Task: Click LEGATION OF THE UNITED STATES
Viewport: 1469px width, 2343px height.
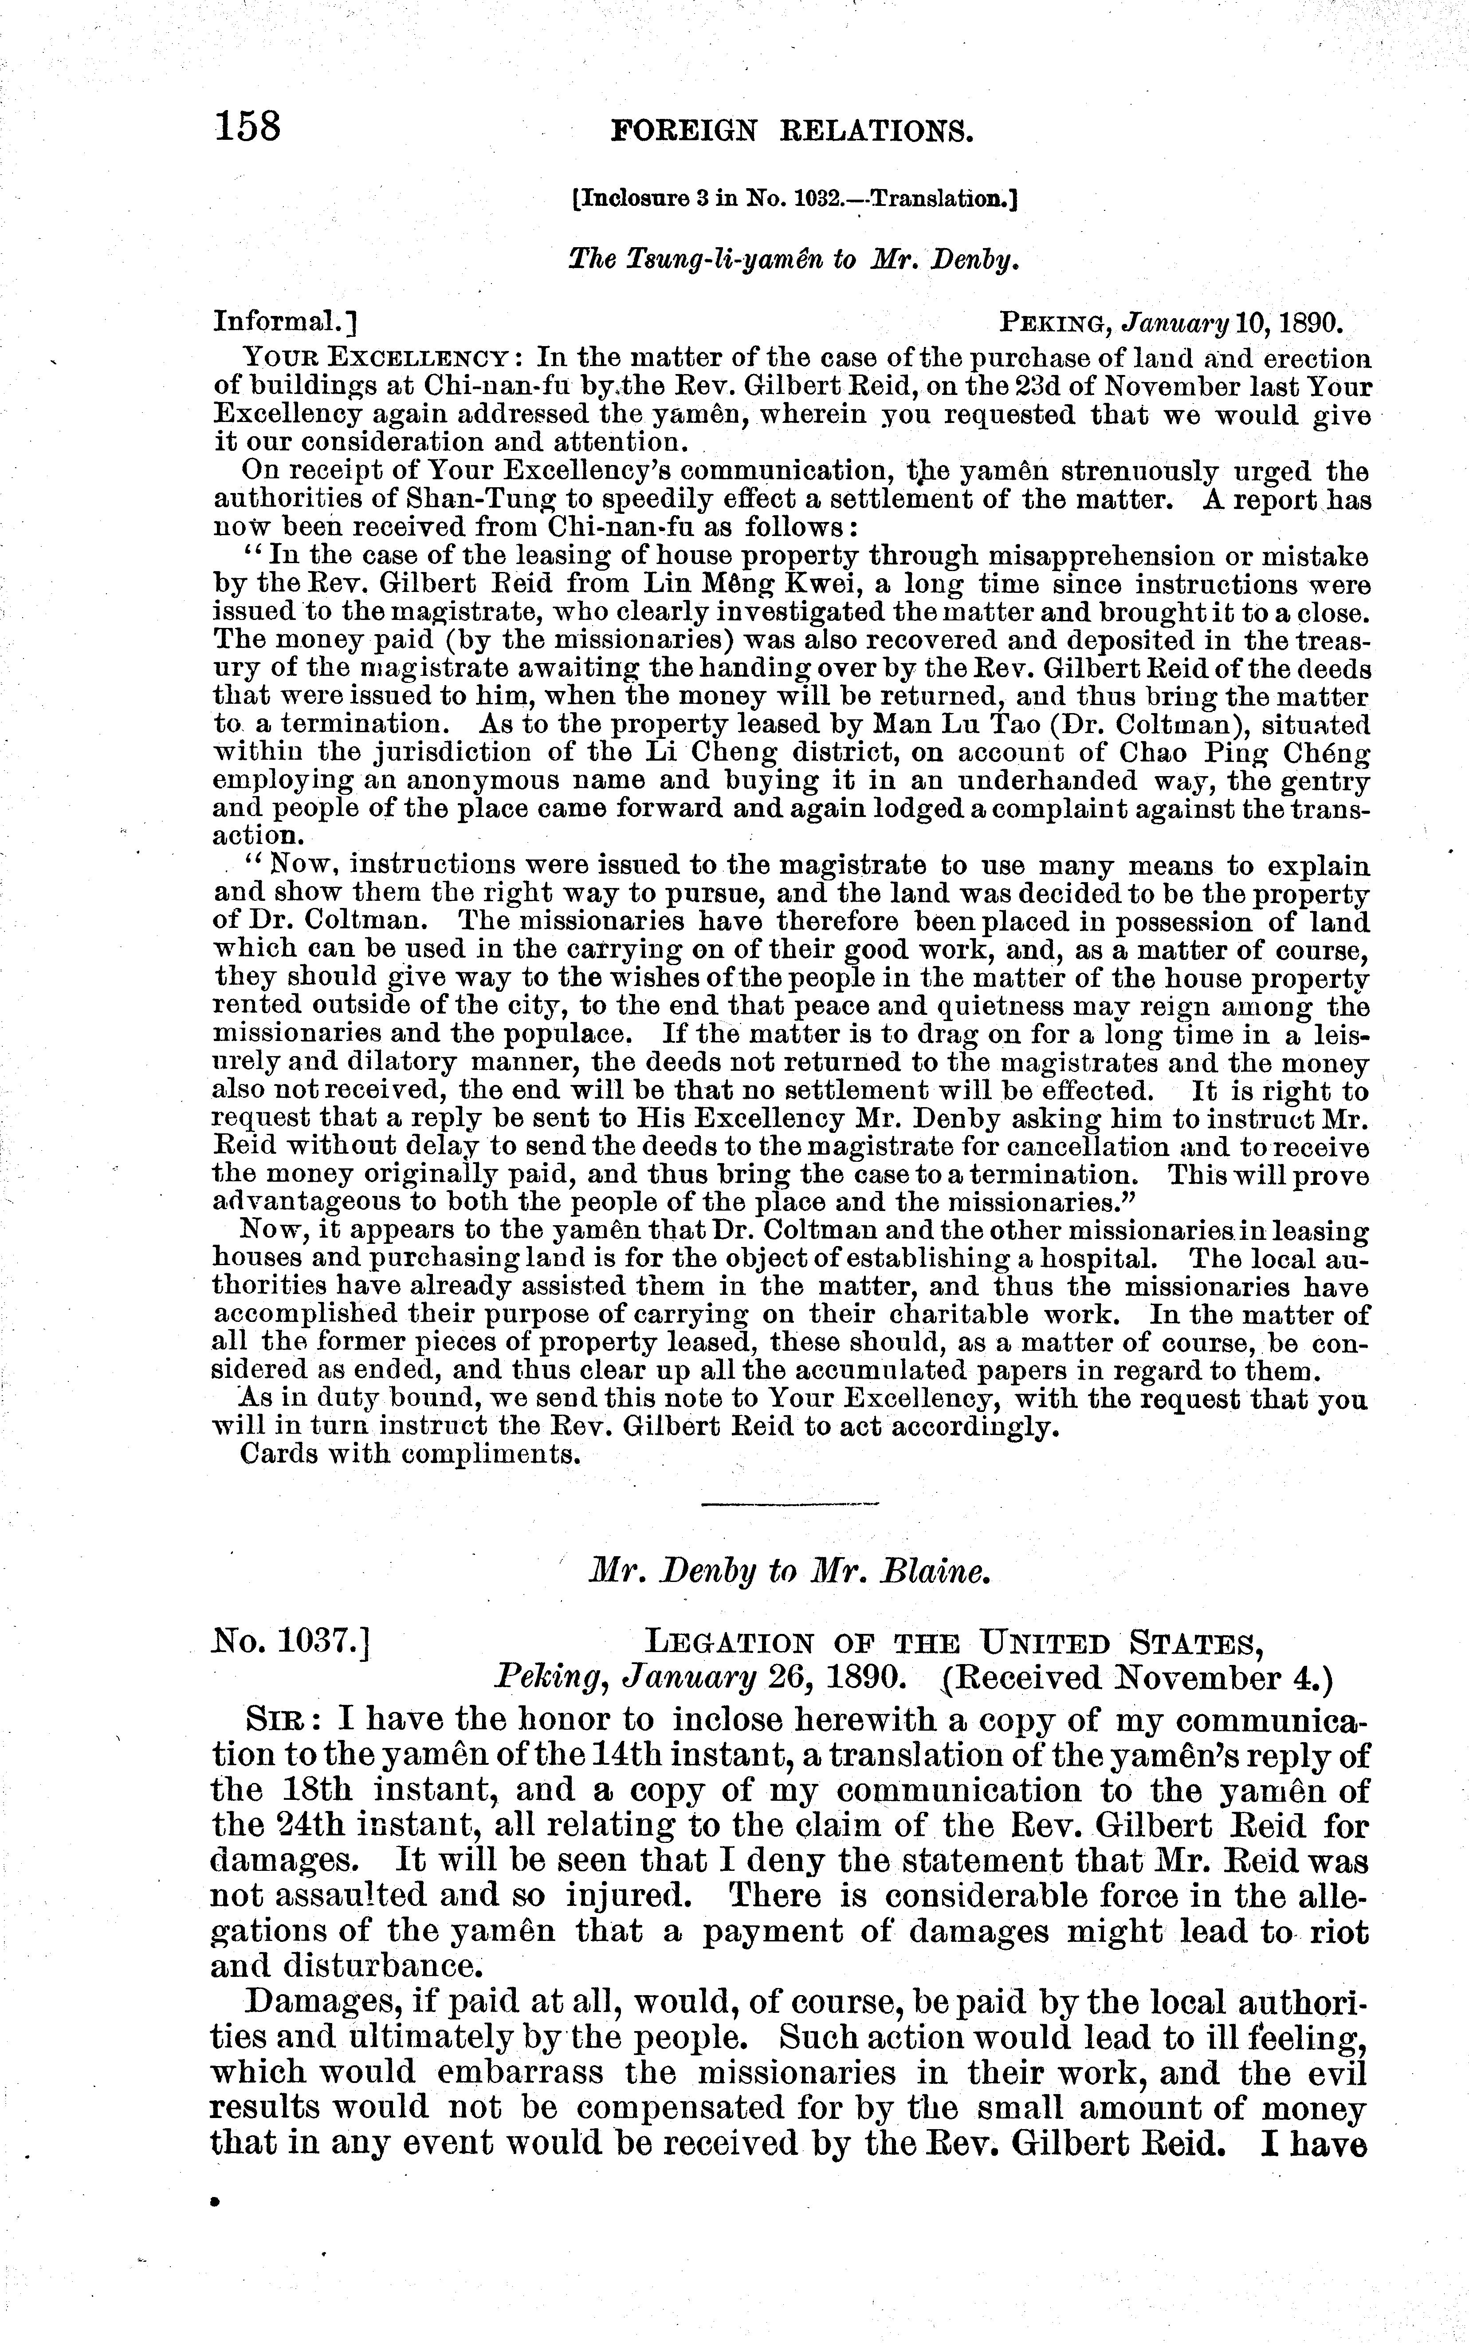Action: point(954,1644)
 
